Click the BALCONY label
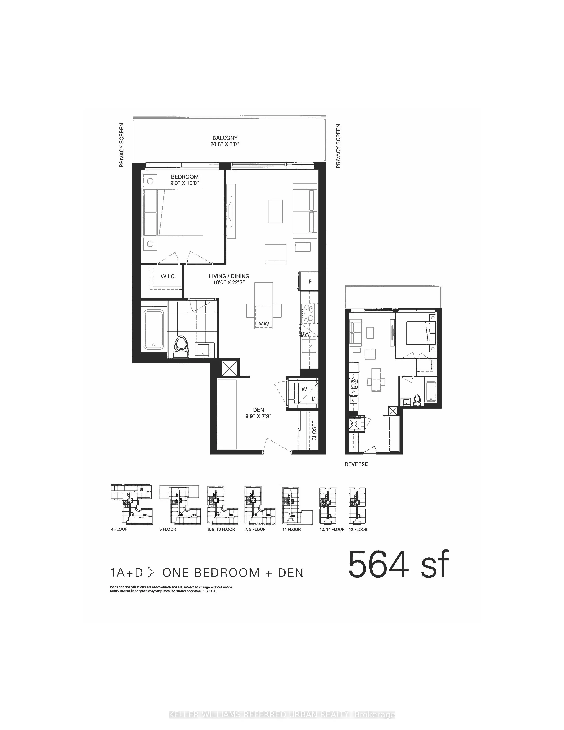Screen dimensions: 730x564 225,138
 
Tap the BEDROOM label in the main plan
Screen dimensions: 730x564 185,177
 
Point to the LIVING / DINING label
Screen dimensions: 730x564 229,276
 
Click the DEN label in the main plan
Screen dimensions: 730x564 258,410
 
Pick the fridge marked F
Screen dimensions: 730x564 310,281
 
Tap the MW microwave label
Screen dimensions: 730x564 264,324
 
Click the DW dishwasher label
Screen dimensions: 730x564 305,334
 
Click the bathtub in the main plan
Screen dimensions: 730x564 154,329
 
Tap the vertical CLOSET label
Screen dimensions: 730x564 314,430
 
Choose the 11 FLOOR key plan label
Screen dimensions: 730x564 291,529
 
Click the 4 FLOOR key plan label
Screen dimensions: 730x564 119,529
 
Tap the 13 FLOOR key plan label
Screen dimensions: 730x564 358,529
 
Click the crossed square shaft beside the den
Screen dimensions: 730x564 230,368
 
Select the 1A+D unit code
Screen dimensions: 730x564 126,572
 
